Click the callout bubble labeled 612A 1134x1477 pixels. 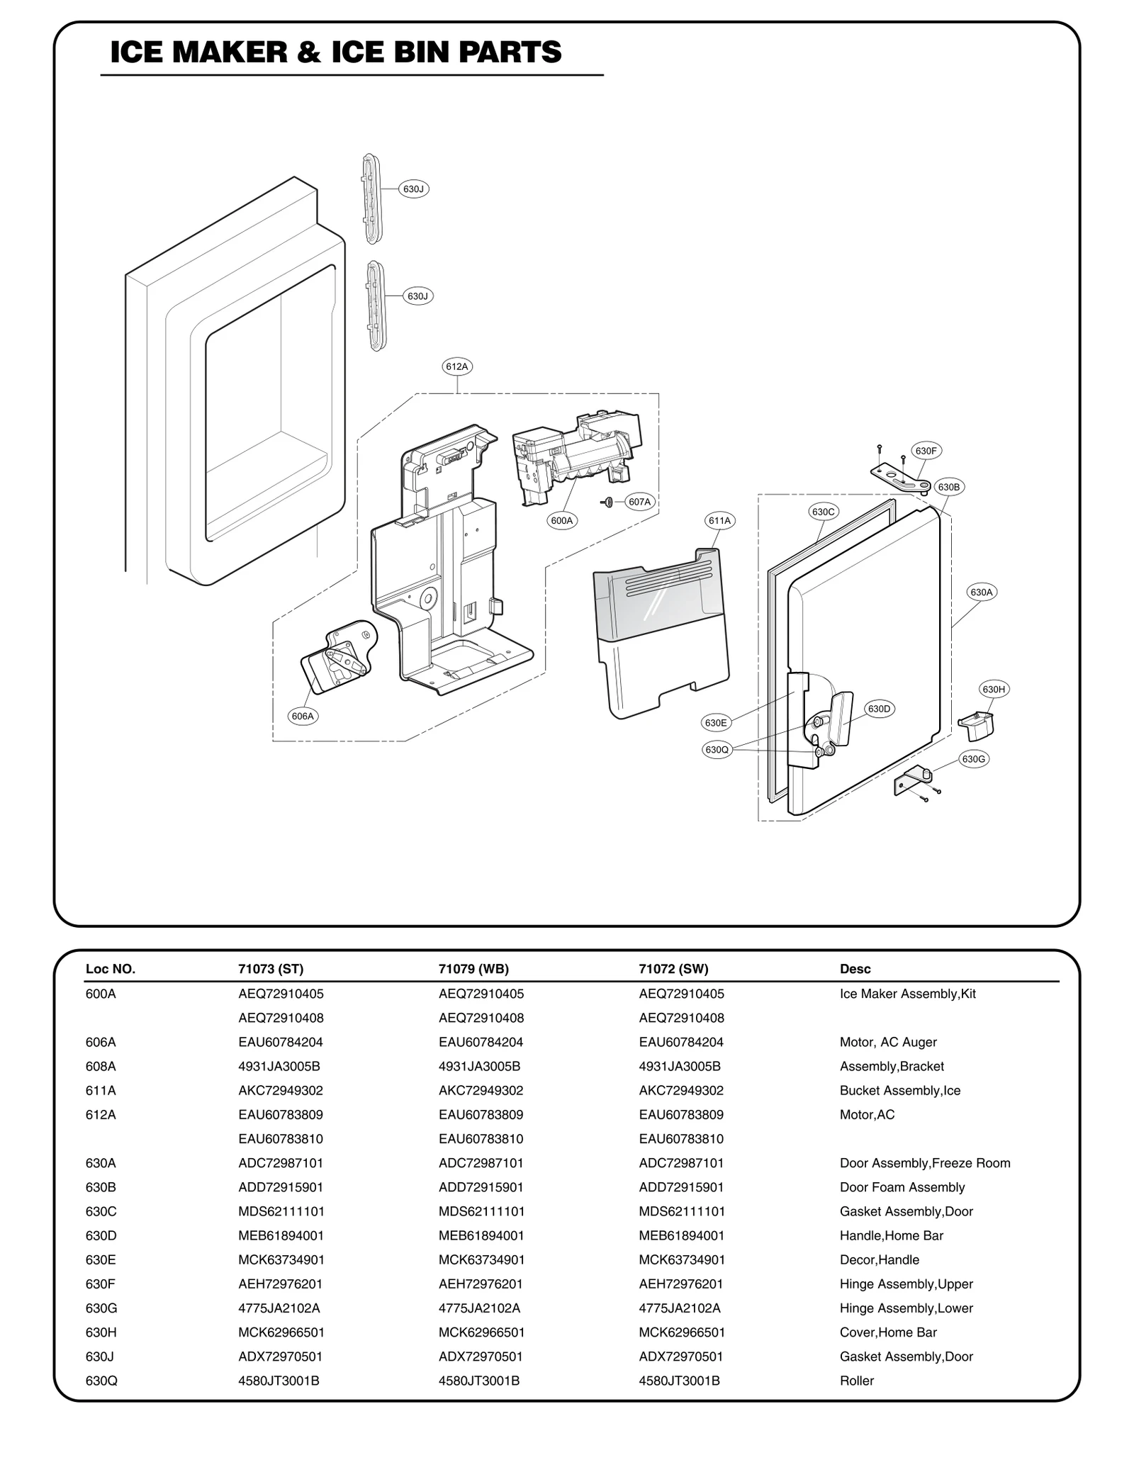(x=457, y=366)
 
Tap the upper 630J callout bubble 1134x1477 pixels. (x=413, y=189)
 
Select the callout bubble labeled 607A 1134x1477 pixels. (x=639, y=502)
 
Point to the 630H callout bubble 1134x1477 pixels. (x=993, y=689)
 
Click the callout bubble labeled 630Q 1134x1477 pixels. (x=717, y=750)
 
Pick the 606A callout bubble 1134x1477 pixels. (x=303, y=716)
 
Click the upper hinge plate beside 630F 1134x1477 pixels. (x=899, y=476)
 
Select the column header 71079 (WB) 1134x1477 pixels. (x=473, y=969)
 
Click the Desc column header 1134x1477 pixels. (x=855, y=969)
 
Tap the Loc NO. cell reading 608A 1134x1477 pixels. (x=101, y=1066)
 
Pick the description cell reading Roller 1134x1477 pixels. (x=856, y=1381)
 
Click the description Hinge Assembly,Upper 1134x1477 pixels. (x=906, y=1284)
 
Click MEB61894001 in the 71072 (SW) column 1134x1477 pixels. (x=681, y=1235)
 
